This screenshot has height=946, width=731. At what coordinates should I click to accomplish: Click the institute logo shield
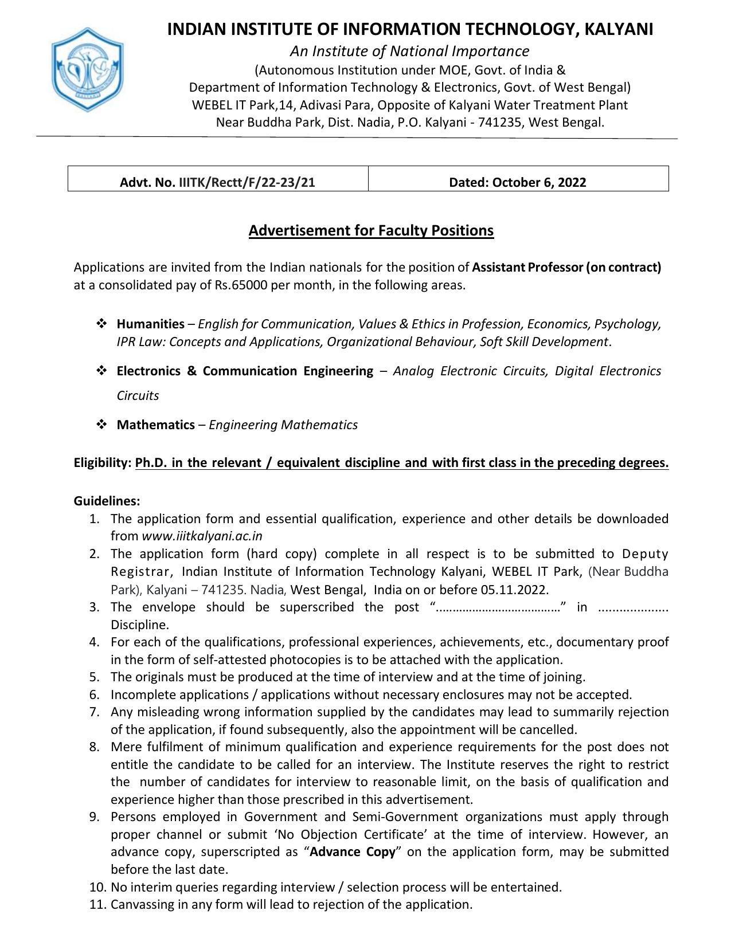(88, 69)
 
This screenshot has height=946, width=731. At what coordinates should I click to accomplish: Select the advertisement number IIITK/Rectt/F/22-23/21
(247, 182)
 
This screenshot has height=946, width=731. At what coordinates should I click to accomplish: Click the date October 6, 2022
(538, 182)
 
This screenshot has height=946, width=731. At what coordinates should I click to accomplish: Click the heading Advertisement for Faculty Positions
(371, 230)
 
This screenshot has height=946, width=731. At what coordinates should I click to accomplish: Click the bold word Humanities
(150, 324)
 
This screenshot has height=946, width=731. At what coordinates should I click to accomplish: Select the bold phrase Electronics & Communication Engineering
(245, 371)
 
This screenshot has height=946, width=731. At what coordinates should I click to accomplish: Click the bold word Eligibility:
(103, 462)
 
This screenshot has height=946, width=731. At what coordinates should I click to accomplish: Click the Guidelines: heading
(107, 501)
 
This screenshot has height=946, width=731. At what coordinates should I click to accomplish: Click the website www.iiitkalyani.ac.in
(202, 536)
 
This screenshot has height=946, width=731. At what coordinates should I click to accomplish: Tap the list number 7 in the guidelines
(95, 712)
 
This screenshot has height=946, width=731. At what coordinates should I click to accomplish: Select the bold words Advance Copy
(353, 851)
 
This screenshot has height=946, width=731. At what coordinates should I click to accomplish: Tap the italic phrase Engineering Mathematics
(283, 425)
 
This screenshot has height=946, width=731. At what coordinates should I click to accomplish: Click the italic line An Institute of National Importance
(409, 51)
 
